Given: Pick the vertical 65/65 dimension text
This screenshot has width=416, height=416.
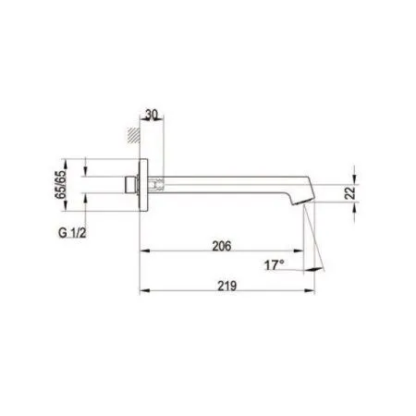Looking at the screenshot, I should (x=63, y=182).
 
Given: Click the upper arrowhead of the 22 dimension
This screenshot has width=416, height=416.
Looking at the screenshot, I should (x=354, y=173).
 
